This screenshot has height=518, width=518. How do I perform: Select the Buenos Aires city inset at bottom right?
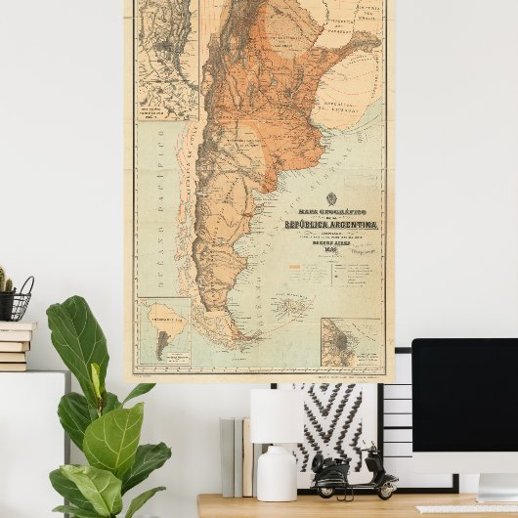(x=350, y=343)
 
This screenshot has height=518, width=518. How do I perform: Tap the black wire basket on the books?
(x=20, y=301)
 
